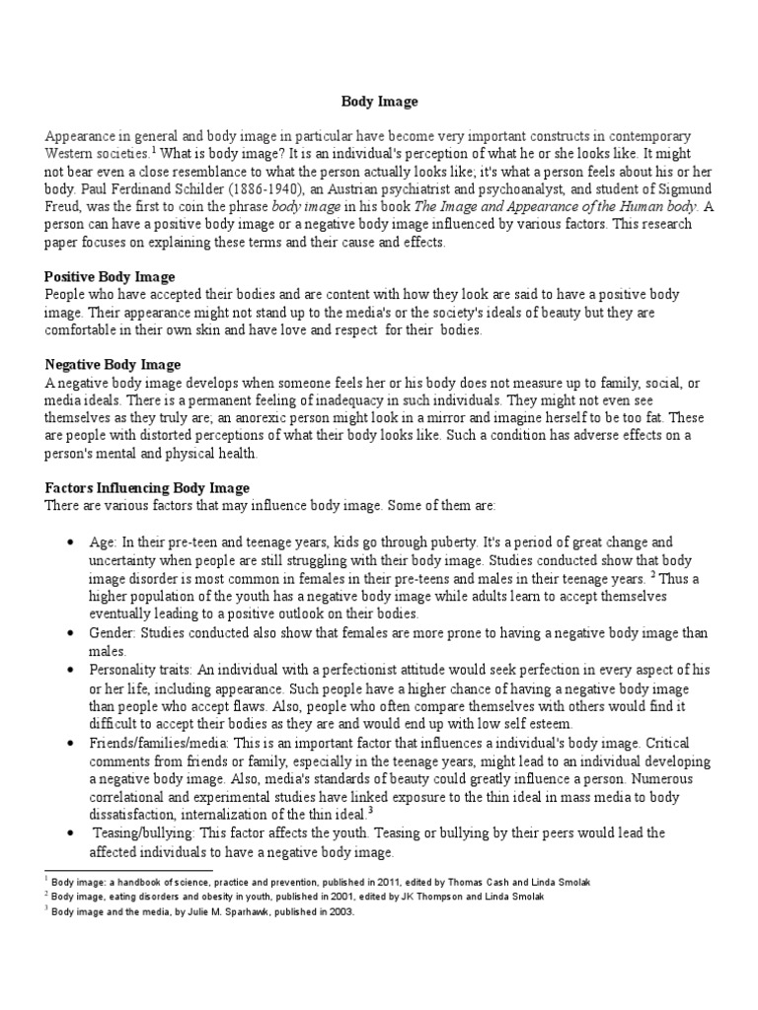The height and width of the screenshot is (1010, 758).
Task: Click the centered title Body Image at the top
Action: click(379, 101)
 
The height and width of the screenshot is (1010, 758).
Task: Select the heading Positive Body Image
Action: click(110, 277)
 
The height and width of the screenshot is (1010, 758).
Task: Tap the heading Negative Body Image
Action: click(114, 365)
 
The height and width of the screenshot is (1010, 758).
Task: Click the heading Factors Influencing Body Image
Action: click(147, 487)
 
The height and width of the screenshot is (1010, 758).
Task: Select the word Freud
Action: click(64, 206)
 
